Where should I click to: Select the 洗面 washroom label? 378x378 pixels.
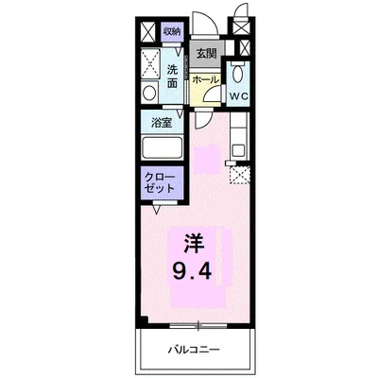[172, 77]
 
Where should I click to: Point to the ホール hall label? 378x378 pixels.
[205, 81]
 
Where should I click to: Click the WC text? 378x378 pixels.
[238, 96]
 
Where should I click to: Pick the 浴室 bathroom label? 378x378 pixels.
[161, 122]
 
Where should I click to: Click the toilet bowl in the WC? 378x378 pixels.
[238, 73]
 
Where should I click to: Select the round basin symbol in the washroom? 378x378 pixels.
[150, 93]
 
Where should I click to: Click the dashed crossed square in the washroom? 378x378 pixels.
[149, 62]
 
